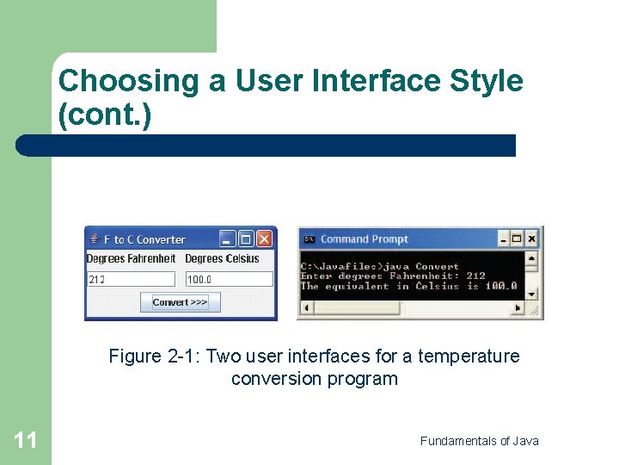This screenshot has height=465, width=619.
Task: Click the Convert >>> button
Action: click(x=181, y=302)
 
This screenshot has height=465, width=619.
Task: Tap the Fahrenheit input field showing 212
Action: click(x=131, y=279)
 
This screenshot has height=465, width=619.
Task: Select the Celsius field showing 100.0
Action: click(x=229, y=279)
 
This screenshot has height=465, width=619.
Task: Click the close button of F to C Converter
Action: click(x=265, y=239)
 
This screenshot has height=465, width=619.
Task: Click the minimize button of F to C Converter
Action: click(x=227, y=239)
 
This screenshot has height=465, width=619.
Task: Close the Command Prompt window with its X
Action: click(x=532, y=239)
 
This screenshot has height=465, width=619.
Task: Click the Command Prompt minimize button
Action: click(x=503, y=239)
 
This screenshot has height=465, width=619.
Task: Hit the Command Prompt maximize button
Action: click(x=518, y=239)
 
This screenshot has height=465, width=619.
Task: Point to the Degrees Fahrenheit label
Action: click(x=131, y=258)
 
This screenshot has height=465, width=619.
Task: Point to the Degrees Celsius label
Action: click(x=222, y=258)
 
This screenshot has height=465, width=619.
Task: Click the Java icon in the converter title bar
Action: click(x=94, y=239)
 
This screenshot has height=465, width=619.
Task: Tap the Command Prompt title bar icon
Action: click(x=309, y=239)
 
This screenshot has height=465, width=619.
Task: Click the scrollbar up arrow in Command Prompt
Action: click(x=532, y=257)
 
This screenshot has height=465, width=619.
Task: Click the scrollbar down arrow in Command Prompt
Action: click(x=532, y=294)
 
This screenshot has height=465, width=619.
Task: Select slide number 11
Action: click(x=26, y=441)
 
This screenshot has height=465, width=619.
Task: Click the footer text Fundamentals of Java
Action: click(x=479, y=441)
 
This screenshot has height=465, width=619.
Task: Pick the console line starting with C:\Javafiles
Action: click(x=379, y=266)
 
